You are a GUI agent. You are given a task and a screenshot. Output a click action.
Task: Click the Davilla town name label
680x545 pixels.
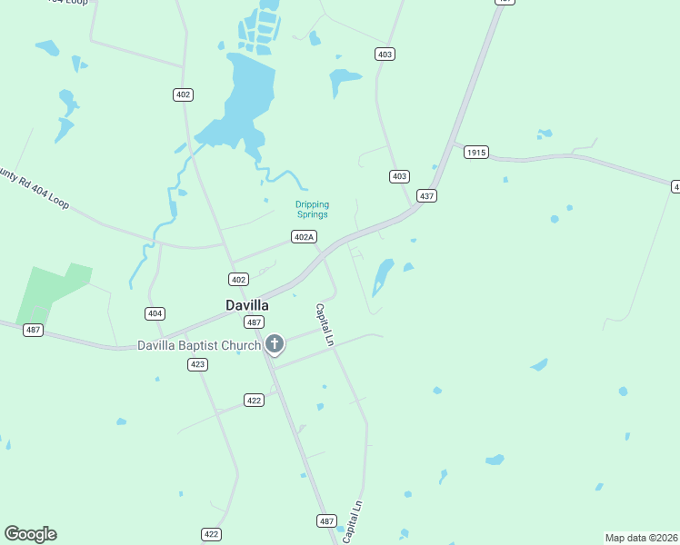tap(247, 306)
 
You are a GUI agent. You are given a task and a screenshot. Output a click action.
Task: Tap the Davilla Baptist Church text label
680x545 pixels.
tap(199, 345)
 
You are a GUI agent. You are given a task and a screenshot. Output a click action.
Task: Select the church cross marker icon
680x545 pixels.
tap(275, 344)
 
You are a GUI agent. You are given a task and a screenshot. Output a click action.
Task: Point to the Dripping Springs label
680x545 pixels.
tap(312, 210)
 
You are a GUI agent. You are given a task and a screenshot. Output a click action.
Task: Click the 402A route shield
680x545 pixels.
tap(304, 237)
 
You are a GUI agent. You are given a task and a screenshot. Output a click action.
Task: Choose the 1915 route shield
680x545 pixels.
tap(476, 153)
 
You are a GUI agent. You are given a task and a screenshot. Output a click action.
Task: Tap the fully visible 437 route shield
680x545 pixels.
tap(426, 195)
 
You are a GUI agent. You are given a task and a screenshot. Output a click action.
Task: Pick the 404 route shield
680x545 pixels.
tap(155, 313)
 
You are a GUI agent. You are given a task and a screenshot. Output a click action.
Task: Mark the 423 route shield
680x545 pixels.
tap(197, 364)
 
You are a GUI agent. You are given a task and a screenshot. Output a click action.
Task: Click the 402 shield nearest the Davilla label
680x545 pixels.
tap(238, 279)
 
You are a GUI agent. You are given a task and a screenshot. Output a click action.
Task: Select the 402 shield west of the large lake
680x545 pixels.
tap(184, 94)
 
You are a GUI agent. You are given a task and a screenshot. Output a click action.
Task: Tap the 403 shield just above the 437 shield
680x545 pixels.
tap(399, 176)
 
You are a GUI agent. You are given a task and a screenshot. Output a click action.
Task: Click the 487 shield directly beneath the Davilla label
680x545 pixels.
tap(255, 322)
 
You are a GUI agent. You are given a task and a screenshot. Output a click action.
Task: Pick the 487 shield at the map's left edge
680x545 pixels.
tap(34, 330)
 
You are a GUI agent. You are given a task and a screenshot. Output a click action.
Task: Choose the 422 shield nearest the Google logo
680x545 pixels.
tap(211, 534)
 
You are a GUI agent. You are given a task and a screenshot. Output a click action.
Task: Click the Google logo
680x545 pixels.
tap(30, 534)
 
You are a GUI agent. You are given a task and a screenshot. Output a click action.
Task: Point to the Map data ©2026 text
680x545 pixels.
tap(641, 538)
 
